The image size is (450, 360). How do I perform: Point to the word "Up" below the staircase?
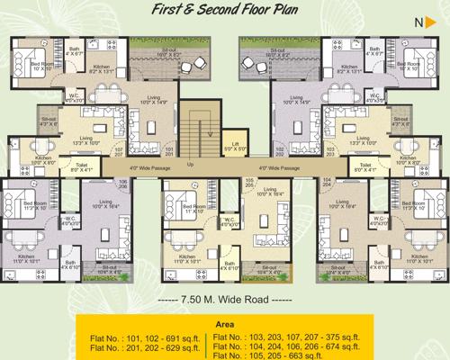(189, 165)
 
